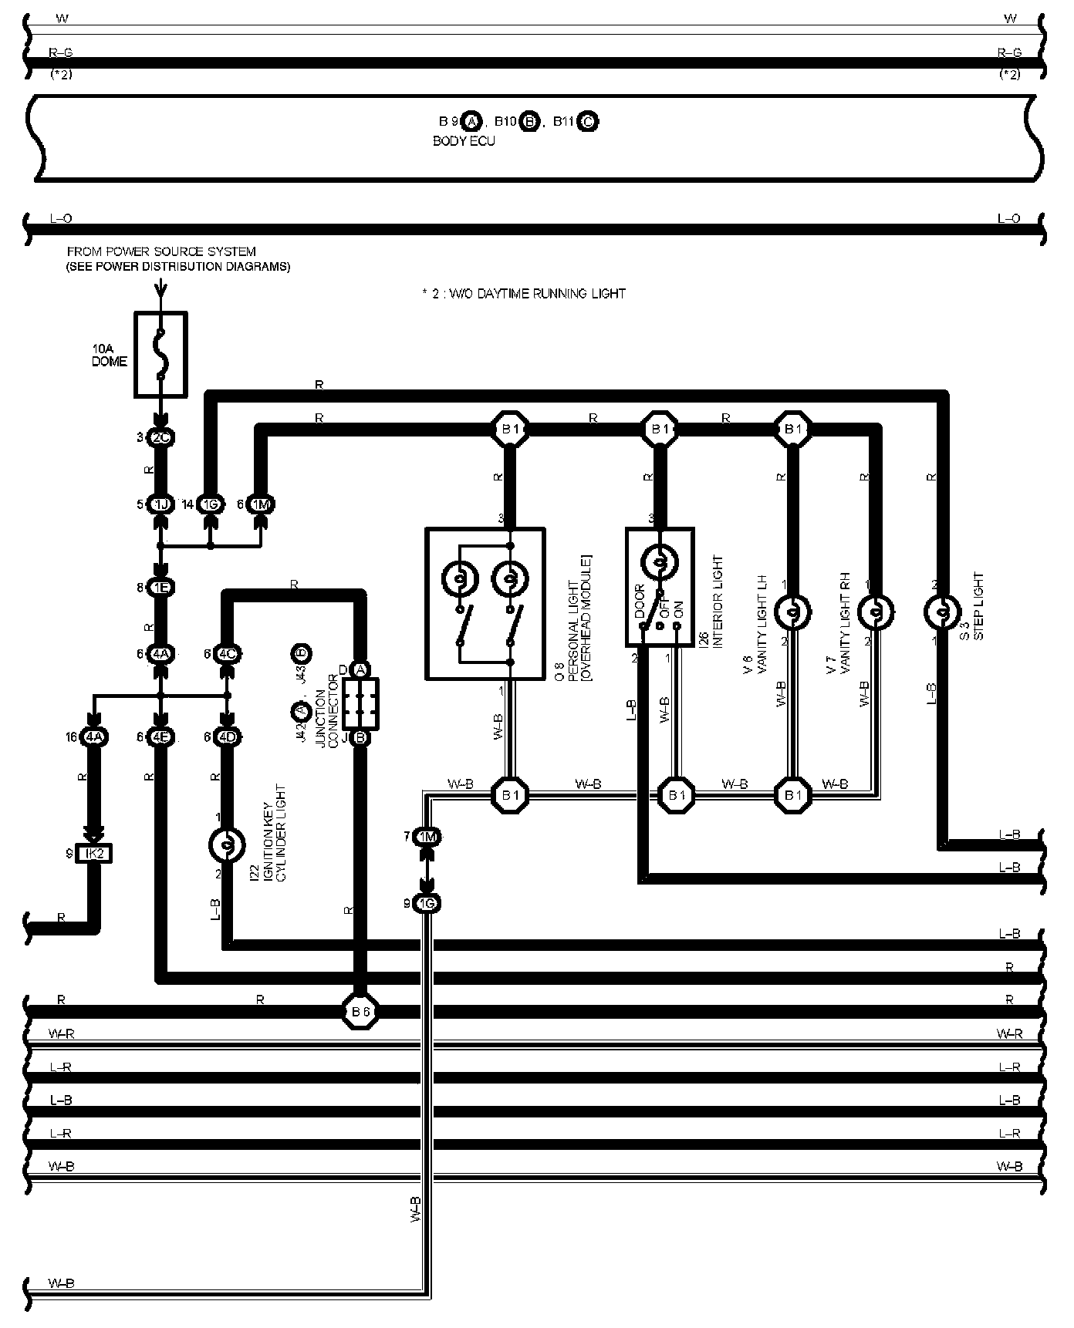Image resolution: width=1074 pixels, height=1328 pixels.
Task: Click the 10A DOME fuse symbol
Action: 160,355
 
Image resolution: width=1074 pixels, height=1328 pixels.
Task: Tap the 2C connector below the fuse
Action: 161,438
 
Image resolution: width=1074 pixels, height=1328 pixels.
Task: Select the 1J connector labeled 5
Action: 161,504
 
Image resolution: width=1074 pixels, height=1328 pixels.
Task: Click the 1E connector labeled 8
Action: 161,588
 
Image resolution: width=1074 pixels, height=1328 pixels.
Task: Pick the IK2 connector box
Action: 93,854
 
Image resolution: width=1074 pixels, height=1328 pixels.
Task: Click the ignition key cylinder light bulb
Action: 228,845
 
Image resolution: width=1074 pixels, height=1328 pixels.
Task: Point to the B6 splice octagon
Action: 360,1011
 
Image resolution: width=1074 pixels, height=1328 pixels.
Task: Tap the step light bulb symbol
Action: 941,612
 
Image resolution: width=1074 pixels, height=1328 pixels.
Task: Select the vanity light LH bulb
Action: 792,612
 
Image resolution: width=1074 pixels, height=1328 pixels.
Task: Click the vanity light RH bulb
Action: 876,612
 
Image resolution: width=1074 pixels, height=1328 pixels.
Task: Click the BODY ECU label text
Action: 464,141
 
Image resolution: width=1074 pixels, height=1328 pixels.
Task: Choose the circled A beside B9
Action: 473,121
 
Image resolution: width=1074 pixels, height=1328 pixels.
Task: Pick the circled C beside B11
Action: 587,121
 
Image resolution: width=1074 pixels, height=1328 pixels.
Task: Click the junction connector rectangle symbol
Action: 360,703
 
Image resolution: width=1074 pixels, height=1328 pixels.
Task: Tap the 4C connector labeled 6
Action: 228,654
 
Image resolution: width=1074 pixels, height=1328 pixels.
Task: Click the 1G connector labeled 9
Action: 427,903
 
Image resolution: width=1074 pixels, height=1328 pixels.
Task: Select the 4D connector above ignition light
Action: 228,737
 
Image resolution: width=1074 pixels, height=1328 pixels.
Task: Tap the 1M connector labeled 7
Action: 427,837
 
